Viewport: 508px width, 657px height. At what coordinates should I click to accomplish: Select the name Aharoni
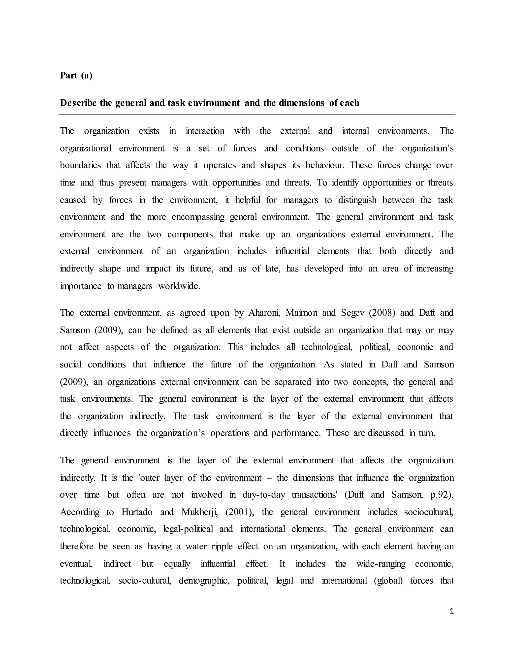tap(264, 313)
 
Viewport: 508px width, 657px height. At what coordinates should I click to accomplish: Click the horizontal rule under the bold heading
tap(256, 115)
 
